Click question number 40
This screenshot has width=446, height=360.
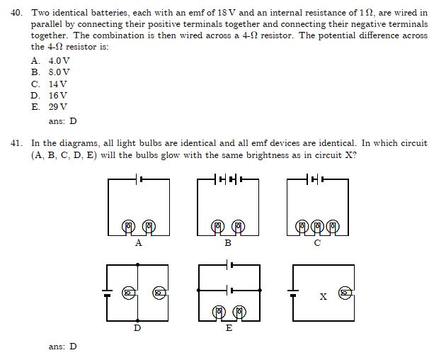point(16,13)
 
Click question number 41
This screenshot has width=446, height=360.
point(16,143)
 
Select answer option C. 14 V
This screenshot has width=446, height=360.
point(50,84)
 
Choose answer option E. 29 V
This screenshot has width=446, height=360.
point(50,107)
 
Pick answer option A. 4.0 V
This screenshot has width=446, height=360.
point(50,61)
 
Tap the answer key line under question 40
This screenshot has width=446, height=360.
point(62,121)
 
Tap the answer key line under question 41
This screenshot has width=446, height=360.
point(62,347)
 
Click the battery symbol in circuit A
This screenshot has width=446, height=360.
point(139,179)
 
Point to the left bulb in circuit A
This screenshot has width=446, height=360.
point(128,227)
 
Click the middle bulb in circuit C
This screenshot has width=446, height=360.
point(317,227)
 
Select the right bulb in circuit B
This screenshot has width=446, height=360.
point(238,227)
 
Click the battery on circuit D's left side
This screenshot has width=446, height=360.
point(107,293)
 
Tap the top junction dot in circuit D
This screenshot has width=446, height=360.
point(137,264)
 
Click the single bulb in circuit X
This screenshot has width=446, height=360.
point(345,293)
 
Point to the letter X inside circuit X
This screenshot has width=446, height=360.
point(323,297)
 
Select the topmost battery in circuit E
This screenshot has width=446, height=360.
point(229,265)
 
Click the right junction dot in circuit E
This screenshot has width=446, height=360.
point(260,291)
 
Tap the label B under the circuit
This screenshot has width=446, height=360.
point(228,243)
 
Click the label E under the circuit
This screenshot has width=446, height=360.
point(229,328)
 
